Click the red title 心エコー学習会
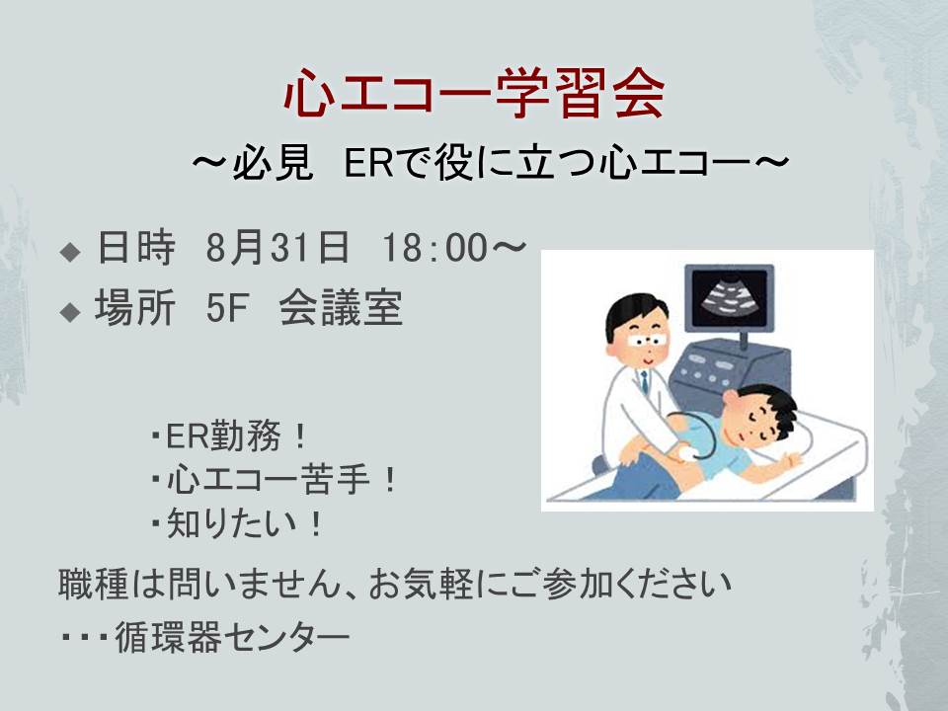point(475,93)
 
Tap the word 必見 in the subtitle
point(274,161)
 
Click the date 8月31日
point(277,247)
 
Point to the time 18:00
point(435,248)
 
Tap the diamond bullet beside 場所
point(71,312)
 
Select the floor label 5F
point(227,308)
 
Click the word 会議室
point(341,308)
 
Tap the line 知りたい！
point(237,523)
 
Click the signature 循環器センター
point(232,637)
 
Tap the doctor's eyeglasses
point(647,341)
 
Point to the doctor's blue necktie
point(645,381)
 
